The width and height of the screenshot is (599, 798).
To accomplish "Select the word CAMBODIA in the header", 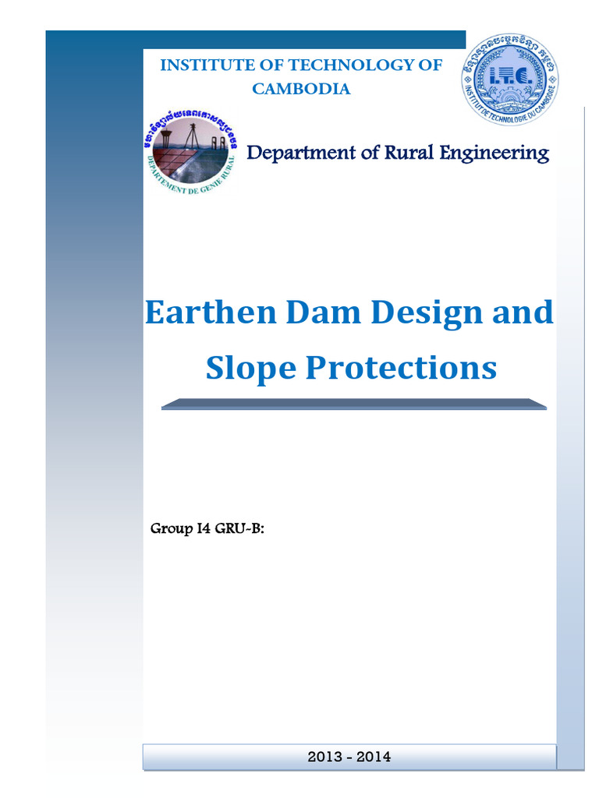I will [301, 89].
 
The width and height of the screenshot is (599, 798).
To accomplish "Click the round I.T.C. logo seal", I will [508, 81].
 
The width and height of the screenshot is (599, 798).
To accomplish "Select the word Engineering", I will [494, 153].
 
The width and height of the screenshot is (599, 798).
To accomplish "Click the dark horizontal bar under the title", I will [353, 404].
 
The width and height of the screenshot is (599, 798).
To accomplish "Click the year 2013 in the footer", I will [323, 757].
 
